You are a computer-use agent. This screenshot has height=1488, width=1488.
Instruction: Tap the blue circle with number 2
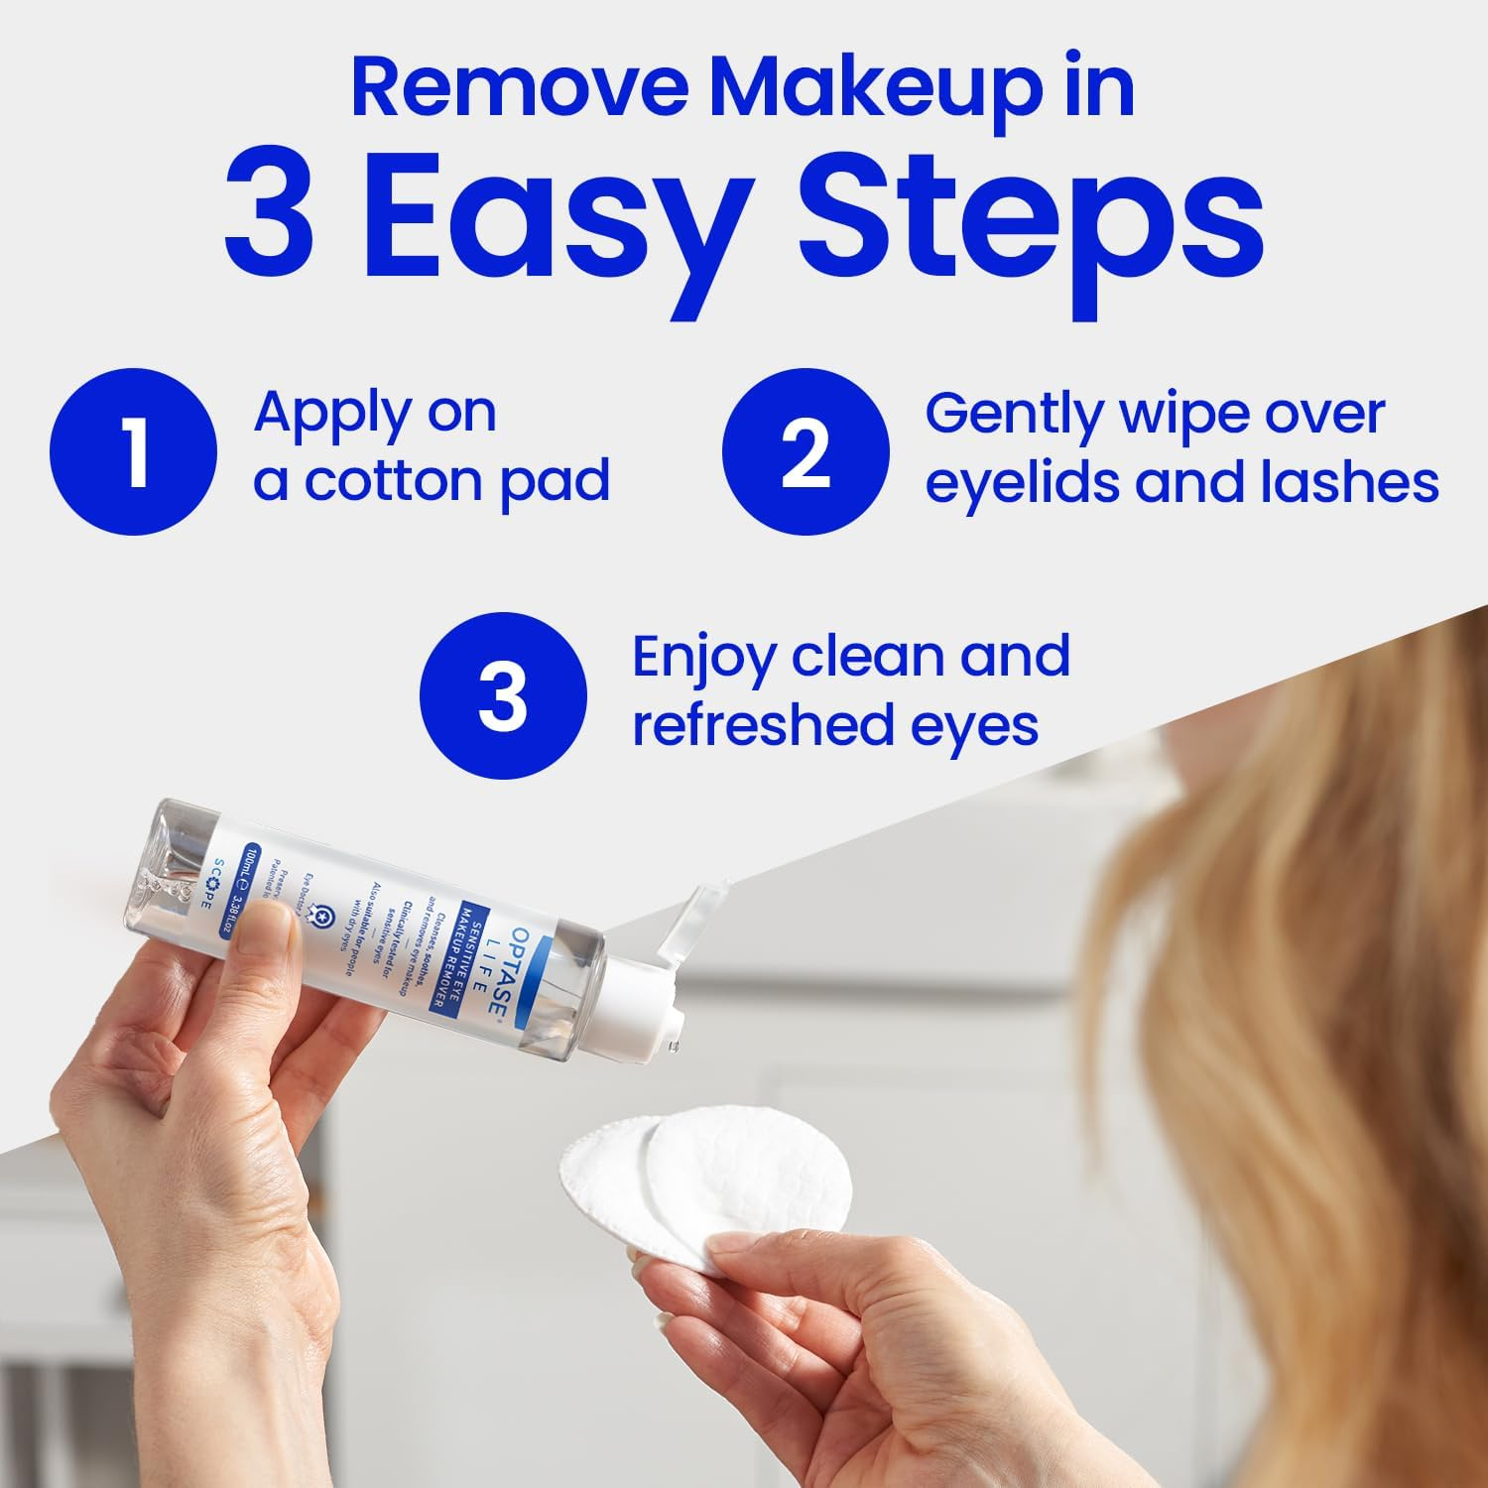pos(805,451)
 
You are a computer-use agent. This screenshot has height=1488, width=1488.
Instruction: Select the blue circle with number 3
pos(503,694)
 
